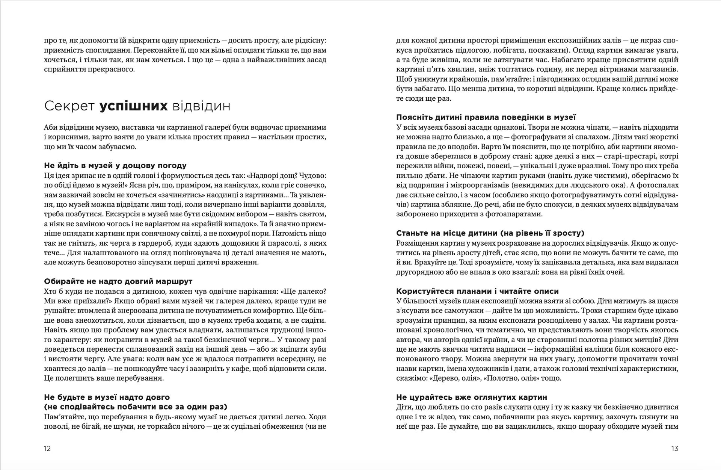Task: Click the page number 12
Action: (47, 448)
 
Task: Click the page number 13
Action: (675, 448)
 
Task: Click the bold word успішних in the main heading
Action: (134, 106)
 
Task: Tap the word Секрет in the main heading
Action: (69, 106)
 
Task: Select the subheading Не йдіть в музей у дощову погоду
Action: (115, 166)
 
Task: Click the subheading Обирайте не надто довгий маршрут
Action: (118, 281)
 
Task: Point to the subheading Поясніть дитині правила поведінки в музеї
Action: (486, 117)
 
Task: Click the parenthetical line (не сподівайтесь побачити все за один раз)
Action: (136, 407)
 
